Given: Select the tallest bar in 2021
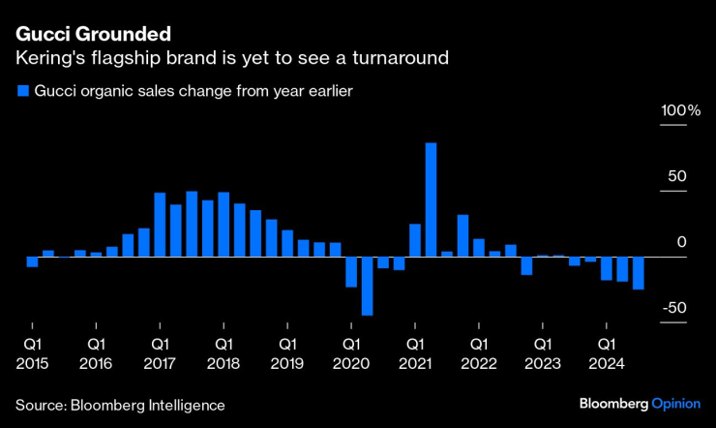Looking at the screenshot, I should click(x=431, y=199).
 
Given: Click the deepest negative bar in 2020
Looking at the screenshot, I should click(x=367, y=286).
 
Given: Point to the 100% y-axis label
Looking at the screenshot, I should click(x=680, y=111).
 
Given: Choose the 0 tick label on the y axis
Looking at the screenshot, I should click(x=681, y=242).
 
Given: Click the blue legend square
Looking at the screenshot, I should click(x=21, y=92).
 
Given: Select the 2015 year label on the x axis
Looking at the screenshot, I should click(x=32, y=363).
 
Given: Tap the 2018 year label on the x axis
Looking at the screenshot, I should click(x=223, y=363).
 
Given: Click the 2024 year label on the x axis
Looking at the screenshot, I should click(x=606, y=363).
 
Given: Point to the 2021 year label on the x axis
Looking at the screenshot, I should click(x=414, y=363).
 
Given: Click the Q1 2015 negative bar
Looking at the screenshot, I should click(x=32, y=261).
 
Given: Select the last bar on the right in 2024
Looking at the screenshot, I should click(x=638, y=273).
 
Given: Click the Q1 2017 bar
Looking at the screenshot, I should click(x=160, y=225).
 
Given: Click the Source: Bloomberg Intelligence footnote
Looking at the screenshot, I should click(x=120, y=405).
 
